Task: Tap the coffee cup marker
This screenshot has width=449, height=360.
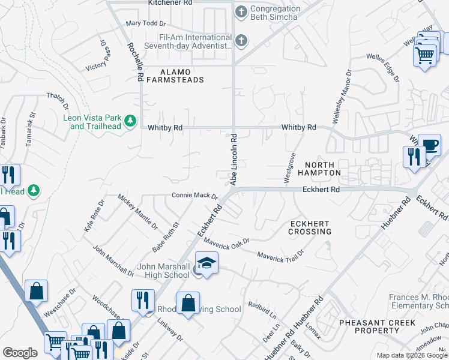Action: [429, 145]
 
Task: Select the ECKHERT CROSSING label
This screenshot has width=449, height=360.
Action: [310, 227]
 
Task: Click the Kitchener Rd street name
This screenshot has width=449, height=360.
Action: [170, 3]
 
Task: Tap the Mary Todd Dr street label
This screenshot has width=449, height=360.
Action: [145, 24]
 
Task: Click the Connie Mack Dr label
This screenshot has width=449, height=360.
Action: [194, 195]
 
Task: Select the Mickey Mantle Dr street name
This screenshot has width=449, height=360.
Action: [137, 212]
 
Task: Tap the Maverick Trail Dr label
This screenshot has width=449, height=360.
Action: [280, 255]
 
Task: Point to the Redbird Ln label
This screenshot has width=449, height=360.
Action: [264, 310]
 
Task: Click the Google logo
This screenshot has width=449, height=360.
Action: [20, 353]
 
